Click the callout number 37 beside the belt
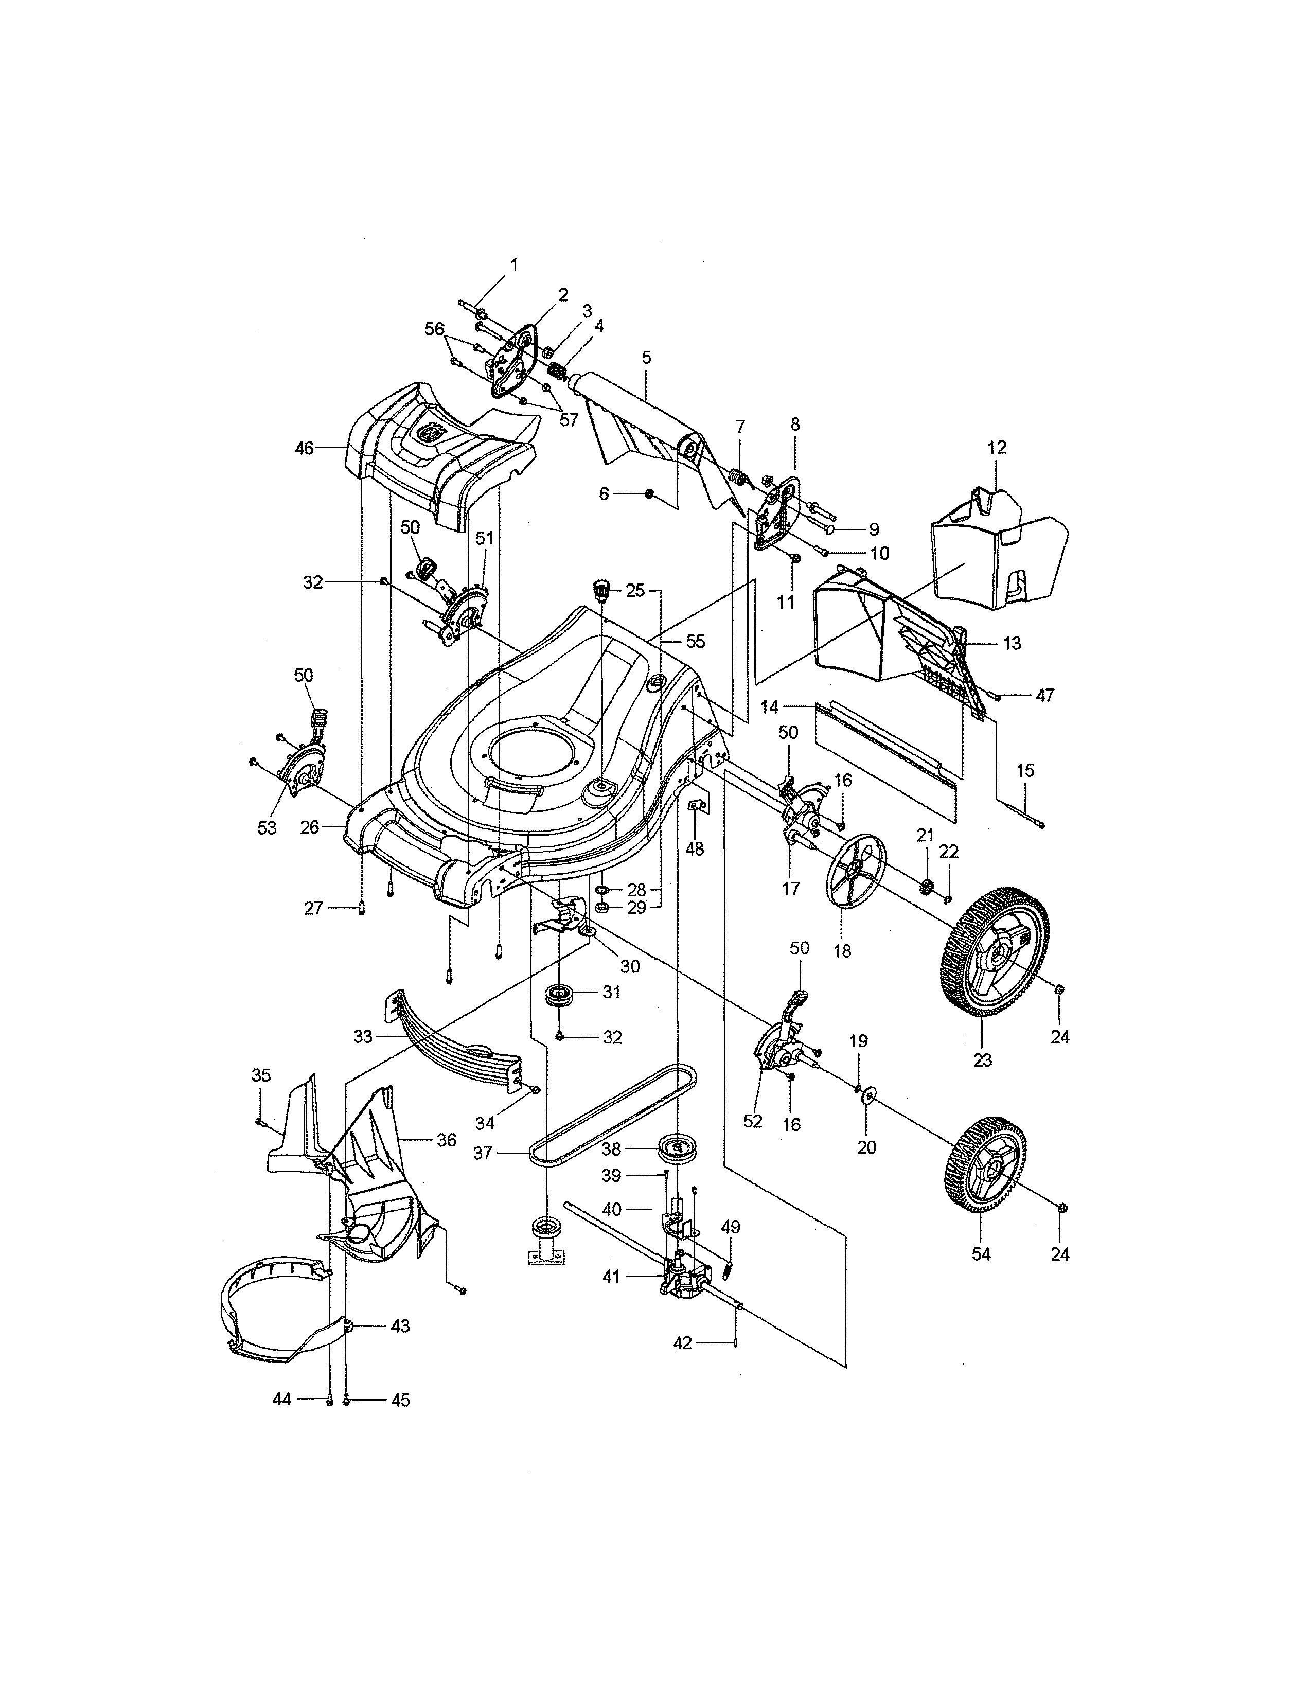[x=483, y=1153]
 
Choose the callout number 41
[x=612, y=1276]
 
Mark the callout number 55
[x=695, y=642]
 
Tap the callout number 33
[x=363, y=1036]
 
